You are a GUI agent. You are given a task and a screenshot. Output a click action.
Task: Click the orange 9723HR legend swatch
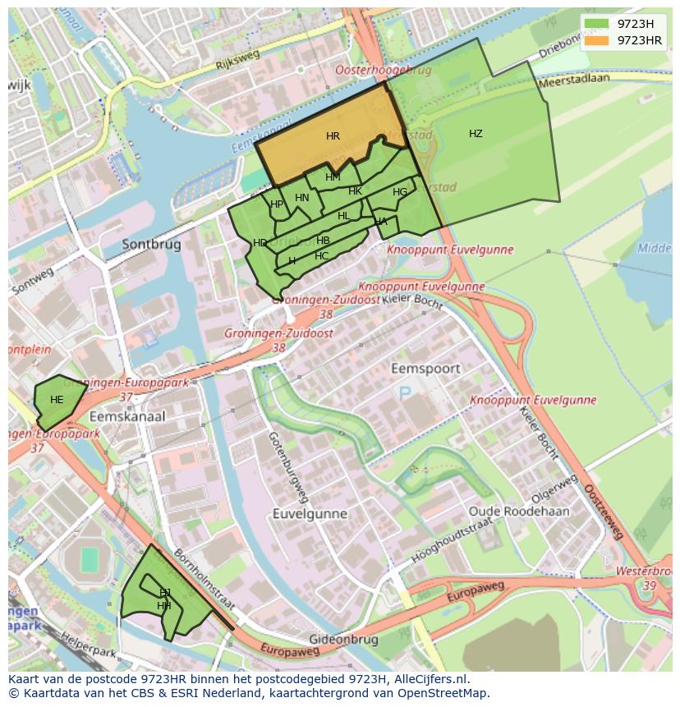tap(597, 40)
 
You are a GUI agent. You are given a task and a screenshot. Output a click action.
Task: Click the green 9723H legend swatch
tap(597, 24)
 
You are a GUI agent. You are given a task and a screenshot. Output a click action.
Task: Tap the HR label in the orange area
tap(333, 136)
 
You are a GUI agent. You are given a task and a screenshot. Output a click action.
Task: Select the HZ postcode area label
tap(476, 134)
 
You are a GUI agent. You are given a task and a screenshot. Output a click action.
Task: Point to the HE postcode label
tap(57, 400)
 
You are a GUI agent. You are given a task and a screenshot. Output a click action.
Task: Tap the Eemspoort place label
tap(425, 369)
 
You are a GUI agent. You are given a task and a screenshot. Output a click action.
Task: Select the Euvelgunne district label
tap(310, 514)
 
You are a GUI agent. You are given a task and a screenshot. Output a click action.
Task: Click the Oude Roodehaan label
tap(518, 511)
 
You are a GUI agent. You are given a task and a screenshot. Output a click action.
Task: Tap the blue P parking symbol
tap(404, 394)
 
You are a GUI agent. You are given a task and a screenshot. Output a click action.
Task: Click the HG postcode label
tap(400, 192)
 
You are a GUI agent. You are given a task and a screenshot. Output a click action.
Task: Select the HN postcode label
tap(302, 197)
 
